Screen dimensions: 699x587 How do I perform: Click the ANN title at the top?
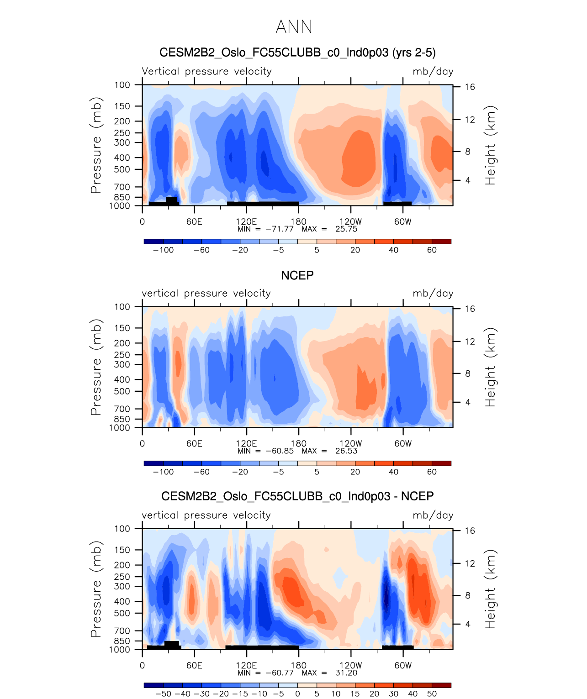tap(294, 27)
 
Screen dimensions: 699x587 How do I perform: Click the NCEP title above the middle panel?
tap(297, 275)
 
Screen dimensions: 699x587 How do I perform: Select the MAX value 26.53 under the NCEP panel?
tap(346, 451)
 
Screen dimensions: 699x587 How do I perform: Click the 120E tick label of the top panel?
tap(246, 222)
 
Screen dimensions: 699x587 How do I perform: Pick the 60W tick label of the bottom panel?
tap(403, 666)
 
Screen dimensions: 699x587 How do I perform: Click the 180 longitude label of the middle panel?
tap(299, 444)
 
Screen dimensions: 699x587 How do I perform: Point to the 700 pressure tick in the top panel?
tap(122, 187)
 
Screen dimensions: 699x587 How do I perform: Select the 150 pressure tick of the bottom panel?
tap(122, 550)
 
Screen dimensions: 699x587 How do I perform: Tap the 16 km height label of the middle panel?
tap(470, 309)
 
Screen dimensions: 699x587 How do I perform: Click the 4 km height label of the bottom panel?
tap(468, 624)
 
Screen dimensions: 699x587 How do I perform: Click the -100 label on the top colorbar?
tap(163, 250)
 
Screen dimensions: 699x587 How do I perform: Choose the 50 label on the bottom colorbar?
tap(432, 694)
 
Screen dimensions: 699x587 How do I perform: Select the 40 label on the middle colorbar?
tap(393, 472)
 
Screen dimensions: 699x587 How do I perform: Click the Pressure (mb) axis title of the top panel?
tap(95, 145)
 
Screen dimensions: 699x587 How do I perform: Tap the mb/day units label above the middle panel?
tap(433, 294)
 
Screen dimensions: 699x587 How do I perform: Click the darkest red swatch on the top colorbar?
tap(441, 242)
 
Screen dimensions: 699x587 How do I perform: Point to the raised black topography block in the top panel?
tap(171, 200)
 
